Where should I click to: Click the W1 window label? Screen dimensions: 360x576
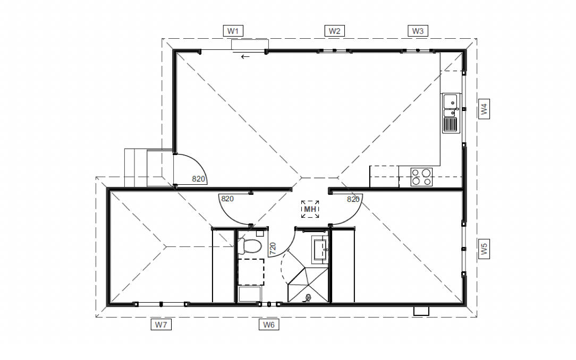[233, 31]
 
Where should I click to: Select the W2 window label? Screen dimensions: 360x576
[334, 31]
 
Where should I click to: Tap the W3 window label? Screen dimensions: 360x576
[418, 31]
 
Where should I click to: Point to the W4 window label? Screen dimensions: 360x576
[484, 109]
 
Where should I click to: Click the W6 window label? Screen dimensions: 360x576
[269, 324]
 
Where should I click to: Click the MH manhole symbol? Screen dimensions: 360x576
[310, 209]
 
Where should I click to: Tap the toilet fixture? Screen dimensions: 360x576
[251, 246]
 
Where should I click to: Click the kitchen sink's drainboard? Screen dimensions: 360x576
[451, 125]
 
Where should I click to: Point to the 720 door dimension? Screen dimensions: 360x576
[273, 248]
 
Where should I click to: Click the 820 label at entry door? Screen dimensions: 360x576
[198, 179]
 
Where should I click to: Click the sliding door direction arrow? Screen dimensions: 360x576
[245, 56]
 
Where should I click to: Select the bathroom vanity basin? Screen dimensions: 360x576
[320, 250]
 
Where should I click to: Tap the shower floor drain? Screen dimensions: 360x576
[308, 298]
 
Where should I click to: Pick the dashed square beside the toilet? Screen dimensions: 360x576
[250, 272]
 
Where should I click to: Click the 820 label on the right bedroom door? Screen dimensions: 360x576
[353, 199]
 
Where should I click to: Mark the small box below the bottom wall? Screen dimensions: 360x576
[421, 312]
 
